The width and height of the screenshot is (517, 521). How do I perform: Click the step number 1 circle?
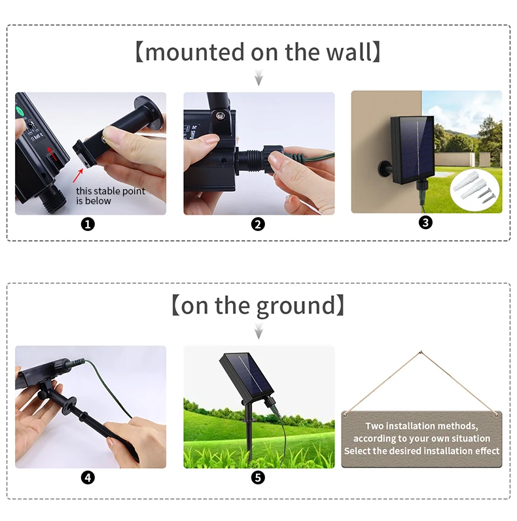(88, 225)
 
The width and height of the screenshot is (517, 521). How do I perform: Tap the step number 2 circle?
(258, 225)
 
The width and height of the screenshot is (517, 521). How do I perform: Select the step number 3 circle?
(425, 223)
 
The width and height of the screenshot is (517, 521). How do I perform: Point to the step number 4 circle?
(88, 478)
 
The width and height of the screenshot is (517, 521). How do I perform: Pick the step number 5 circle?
(258, 478)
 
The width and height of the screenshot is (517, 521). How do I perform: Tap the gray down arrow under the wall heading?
(259, 77)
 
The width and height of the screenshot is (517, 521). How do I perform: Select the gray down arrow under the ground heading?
(259, 331)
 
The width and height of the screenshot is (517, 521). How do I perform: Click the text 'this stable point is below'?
(111, 196)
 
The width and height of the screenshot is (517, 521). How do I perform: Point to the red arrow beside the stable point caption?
(78, 175)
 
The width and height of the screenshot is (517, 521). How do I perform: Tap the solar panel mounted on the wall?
(413, 149)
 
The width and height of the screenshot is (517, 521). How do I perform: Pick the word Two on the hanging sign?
(375, 426)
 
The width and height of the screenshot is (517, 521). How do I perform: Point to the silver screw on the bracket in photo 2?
(219, 116)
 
